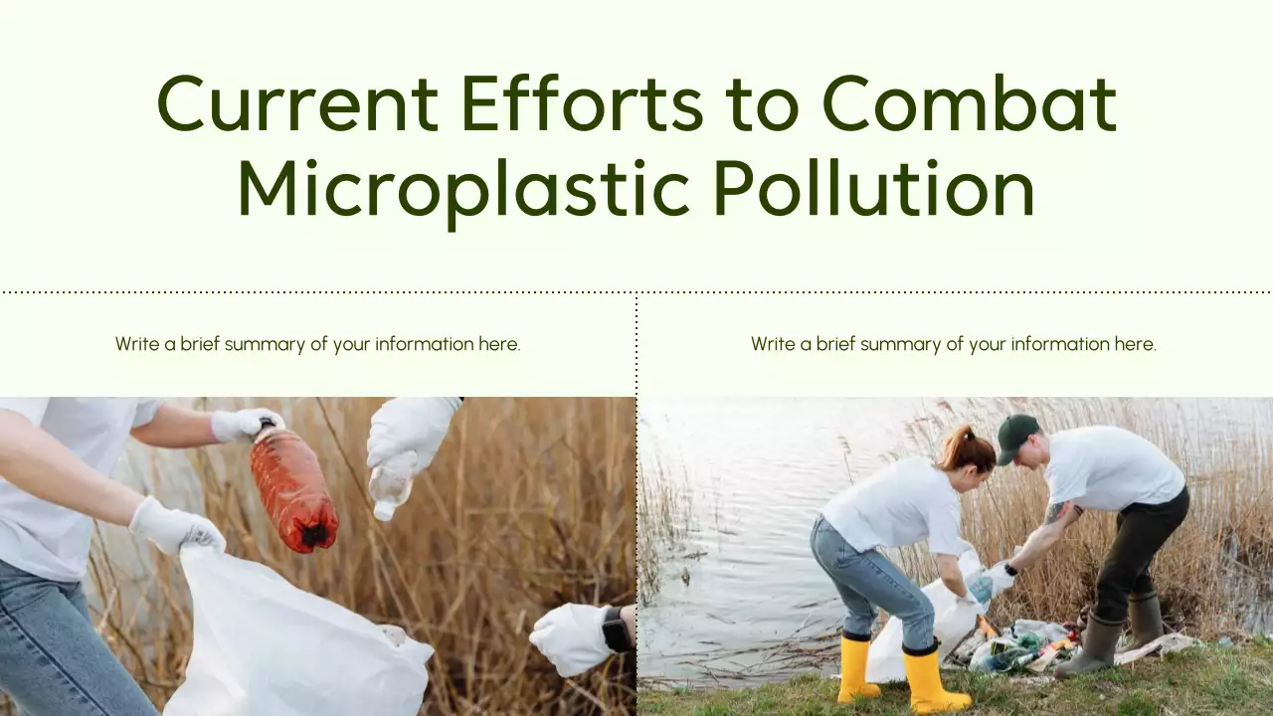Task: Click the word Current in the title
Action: coord(296,104)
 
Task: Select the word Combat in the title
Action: coord(969,104)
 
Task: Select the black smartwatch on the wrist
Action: coord(617,628)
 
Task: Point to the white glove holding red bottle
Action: coord(245,425)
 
